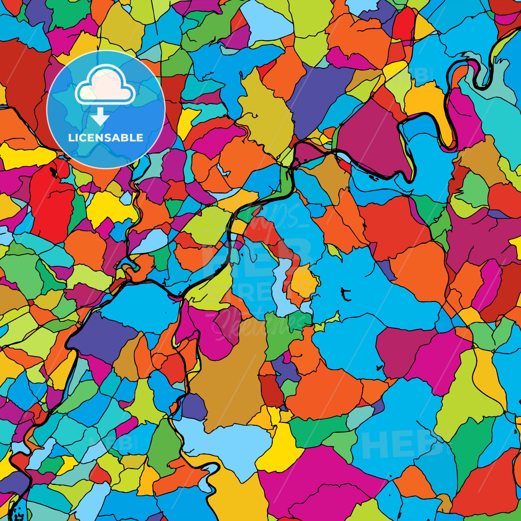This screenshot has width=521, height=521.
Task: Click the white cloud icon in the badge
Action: tap(105, 85)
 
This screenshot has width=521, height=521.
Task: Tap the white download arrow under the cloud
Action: tap(100, 118)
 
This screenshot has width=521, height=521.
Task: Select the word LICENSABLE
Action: tap(106, 137)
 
